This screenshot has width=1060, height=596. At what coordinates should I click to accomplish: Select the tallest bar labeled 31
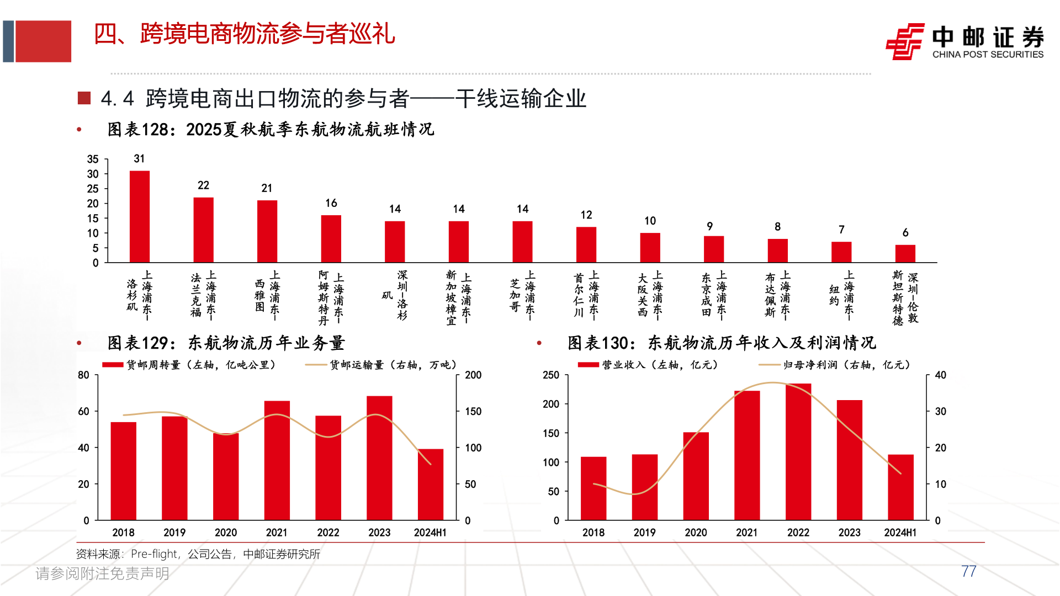tap(139, 216)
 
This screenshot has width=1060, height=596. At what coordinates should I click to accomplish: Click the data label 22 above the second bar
tap(203, 185)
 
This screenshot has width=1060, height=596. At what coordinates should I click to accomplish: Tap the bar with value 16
tap(331, 238)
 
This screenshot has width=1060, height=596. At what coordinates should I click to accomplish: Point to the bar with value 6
tap(905, 253)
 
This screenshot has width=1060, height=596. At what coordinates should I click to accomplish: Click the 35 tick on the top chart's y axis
tap(93, 159)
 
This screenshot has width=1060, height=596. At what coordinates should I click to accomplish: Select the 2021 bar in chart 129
tap(277, 460)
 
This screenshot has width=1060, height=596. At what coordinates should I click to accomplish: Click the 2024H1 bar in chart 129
tap(430, 485)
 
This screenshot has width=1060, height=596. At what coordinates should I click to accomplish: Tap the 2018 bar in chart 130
tap(593, 488)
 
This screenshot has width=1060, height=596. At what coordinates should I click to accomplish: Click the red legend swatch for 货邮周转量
tap(113, 365)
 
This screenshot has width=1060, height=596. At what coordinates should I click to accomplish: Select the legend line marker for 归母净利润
tap(769, 365)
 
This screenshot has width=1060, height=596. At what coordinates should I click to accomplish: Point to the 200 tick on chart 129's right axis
tap(473, 375)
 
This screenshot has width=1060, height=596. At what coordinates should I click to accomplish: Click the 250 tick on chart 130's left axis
tap(551, 375)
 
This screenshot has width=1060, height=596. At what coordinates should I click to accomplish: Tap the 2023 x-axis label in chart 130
tap(849, 533)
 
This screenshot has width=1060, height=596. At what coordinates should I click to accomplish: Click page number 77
tap(968, 571)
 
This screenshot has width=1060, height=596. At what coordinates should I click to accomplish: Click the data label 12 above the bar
tap(586, 215)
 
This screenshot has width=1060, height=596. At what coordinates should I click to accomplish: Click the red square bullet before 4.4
tap(84, 98)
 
